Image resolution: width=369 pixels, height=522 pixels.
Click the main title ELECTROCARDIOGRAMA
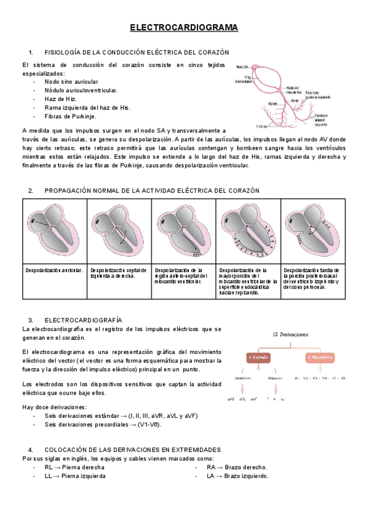[x=184, y=28]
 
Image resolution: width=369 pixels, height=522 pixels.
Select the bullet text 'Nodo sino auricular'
[x=71, y=81]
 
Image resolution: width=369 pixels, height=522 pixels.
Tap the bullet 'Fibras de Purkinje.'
[x=70, y=116]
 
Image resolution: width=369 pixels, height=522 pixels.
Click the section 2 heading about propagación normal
[x=152, y=191]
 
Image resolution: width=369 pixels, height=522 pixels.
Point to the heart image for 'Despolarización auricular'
[x=54, y=231]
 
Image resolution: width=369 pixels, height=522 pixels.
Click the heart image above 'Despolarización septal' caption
[x=119, y=231]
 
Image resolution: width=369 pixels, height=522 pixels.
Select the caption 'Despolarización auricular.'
[x=54, y=270]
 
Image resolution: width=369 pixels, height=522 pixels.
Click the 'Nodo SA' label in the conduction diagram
[x=242, y=66]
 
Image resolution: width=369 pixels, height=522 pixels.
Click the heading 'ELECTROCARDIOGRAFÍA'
[x=83, y=321]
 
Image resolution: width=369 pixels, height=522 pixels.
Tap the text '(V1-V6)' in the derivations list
[x=150, y=425]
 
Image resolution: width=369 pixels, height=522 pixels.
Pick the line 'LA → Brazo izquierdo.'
[x=237, y=476]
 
